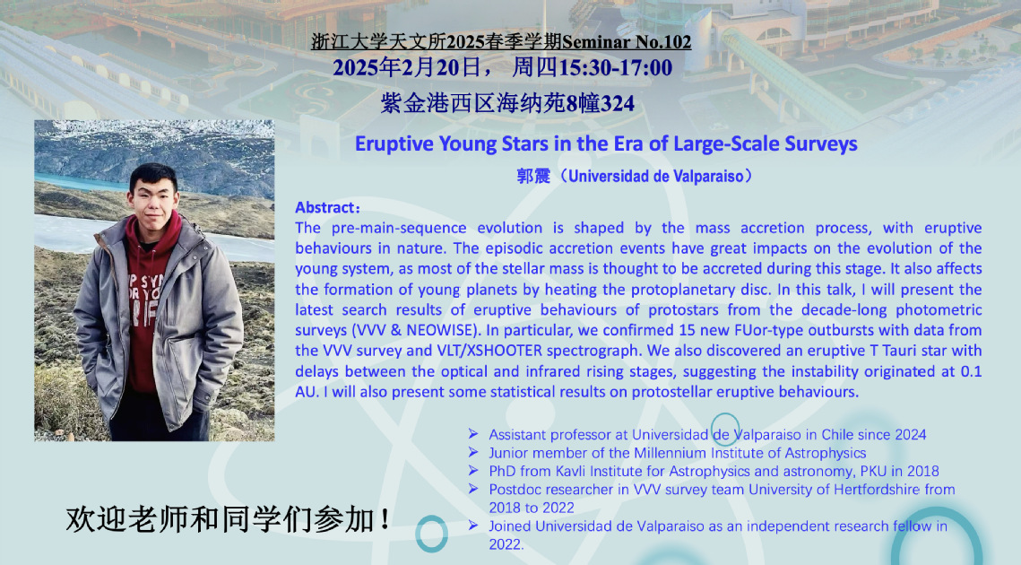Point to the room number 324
[x=618, y=104]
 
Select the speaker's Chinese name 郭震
[x=532, y=176]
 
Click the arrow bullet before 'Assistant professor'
[x=473, y=434]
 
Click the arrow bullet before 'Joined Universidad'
[x=473, y=526]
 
